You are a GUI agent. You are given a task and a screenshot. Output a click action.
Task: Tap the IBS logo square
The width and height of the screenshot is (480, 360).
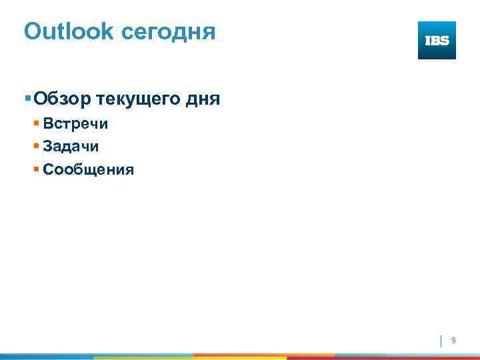point(437,40)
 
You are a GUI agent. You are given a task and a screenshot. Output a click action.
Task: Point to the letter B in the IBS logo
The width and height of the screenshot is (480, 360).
point(437,41)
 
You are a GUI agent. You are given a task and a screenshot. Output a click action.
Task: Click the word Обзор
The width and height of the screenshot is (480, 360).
point(63,99)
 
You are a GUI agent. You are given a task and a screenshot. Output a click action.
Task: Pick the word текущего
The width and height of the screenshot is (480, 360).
point(141,101)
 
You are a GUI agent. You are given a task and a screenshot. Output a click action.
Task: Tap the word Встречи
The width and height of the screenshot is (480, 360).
point(75,124)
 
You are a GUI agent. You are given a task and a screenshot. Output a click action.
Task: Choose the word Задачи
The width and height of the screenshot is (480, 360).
point(71,147)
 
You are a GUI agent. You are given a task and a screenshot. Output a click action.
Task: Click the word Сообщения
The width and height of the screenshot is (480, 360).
point(88,170)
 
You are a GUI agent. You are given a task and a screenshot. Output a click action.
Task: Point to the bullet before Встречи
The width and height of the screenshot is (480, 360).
point(37,124)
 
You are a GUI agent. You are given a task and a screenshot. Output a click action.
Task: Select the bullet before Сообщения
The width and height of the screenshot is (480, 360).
point(37,169)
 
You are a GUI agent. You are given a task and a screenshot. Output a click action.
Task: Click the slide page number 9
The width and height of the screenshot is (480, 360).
point(453,341)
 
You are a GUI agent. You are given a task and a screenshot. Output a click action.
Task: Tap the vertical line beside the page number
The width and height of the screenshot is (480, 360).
point(441,341)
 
